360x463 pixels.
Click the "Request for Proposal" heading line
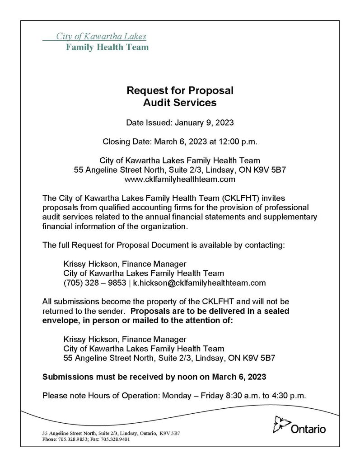click(x=180, y=90)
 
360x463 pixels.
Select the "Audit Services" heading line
click(x=180, y=103)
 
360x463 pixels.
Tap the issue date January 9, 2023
click(x=200, y=123)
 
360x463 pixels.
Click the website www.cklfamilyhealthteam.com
click(x=180, y=180)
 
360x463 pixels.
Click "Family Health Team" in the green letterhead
click(x=107, y=47)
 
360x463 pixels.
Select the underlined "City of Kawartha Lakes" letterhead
click(x=101, y=37)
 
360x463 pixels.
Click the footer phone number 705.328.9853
click(x=73, y=439)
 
